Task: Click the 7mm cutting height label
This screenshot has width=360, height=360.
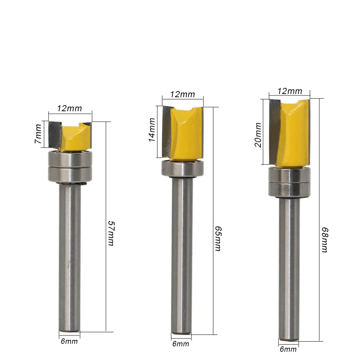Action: coord(39,134)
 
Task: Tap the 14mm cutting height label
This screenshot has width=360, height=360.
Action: coord(152,130)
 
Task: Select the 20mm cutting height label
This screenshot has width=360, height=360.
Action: coord(258,135)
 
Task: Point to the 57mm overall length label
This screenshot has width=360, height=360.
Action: coord(111,233)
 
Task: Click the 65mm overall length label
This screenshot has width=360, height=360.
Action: coord(218,239)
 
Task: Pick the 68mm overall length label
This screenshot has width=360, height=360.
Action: coord(325,240)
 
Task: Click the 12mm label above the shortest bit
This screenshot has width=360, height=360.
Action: coord(69,108)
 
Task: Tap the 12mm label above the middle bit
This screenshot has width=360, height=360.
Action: coord(183,94)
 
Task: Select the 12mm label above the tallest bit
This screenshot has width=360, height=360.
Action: coord(290,91)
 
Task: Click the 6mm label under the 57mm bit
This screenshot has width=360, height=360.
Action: coord(69,341)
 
